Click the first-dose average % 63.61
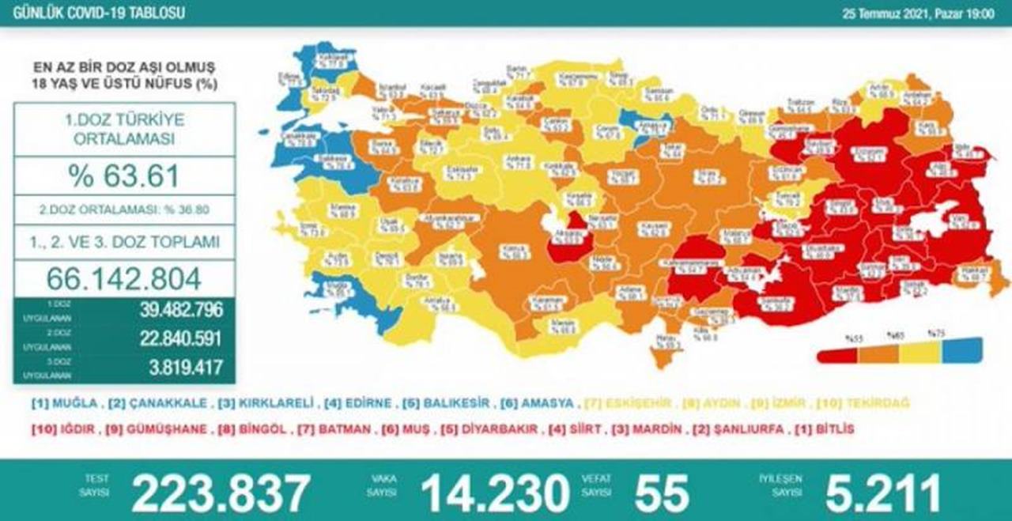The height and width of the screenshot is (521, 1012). pos(124,176)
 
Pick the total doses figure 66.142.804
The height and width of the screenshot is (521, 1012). pos(124,277)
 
